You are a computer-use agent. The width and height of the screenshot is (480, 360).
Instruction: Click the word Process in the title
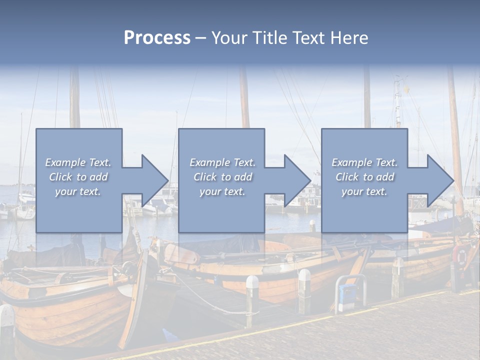(157, 37)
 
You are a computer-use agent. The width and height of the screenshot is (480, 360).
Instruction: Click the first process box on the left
(79, 210)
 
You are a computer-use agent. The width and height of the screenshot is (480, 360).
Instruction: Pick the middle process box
(221, 210)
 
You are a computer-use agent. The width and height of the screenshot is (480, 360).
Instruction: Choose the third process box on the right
(364, 210)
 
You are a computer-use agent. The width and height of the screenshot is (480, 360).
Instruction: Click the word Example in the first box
(65, 162)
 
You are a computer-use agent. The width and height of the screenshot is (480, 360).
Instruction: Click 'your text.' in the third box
(364, 191)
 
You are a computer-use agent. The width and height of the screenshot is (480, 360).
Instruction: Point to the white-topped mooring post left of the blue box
(304, 290)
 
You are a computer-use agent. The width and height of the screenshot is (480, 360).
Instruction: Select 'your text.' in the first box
(78, 191)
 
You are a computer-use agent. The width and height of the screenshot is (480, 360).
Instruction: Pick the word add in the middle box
(243, 177)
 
